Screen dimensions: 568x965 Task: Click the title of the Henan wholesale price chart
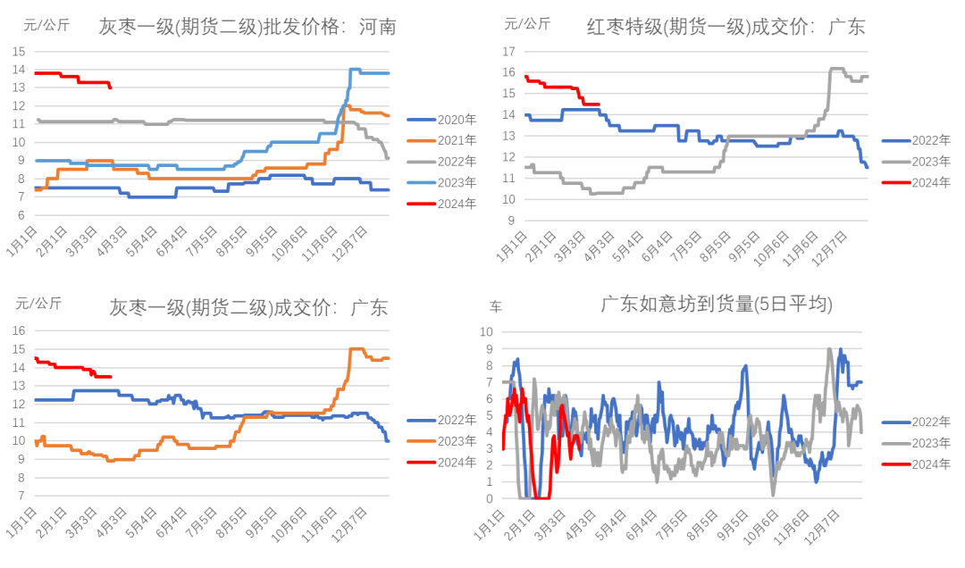tap(248, 28)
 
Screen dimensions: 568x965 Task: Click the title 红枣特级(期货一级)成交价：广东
tap(726, 28)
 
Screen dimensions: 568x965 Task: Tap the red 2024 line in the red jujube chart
tap(554, 87)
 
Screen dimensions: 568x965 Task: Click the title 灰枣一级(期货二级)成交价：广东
tap(248, 308)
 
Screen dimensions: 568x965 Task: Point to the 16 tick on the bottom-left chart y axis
tap(20, 330)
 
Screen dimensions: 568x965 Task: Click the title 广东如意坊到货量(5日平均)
tap(717, 305)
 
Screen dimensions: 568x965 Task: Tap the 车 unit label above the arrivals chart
tap(496, 307)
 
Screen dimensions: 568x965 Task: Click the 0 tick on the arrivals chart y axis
tap(491, 498)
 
